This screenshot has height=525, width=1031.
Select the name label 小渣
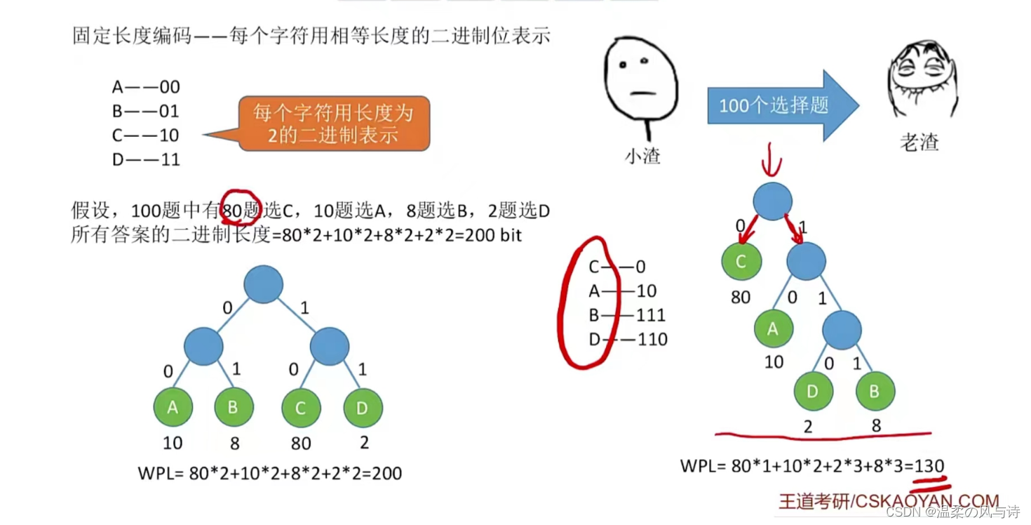pyautogui.click(x=642, y=156)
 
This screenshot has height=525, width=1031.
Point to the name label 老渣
pyautogui.click(x=919, y=142)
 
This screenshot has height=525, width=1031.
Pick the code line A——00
pyautogui.click(x=146, y=87)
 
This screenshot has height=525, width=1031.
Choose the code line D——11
pyautogui.click(x=146, y=160)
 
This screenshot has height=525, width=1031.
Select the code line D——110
pyautogui.click(x=627, y=340)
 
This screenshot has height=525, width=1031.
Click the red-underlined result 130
pyautogui.click(x=929, y=465)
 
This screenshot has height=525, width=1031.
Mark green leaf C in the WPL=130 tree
pyautogui.click(x=741, y=260)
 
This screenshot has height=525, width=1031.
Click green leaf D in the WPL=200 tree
pyautogui.click(x=363, y=408)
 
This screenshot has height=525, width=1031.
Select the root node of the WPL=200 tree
pyautogui.click(x=264, y=285)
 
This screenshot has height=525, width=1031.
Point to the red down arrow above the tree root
pyautogui.click(x=772, y=161)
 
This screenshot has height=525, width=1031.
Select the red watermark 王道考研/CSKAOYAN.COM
pyautogui.click(x=889, y=500)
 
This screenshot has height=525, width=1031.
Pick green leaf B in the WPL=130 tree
pyautogui.click(x=875, y=391)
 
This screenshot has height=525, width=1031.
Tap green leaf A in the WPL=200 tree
pyautogui.click(x=173, y=408)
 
